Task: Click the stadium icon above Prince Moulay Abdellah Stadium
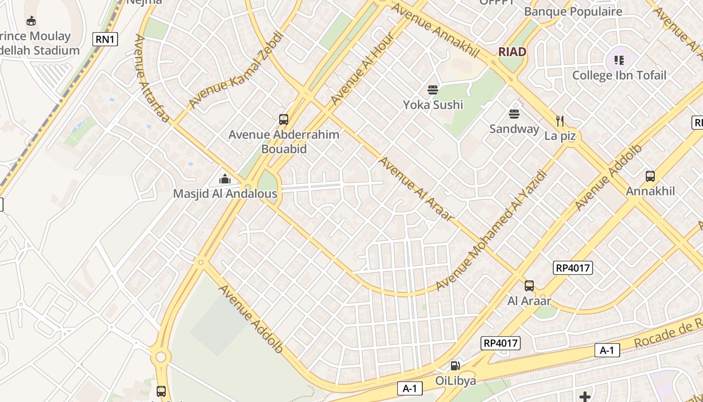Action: coord(31,21)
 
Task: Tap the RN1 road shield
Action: coord(105,39)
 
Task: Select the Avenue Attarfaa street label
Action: coord(151,78)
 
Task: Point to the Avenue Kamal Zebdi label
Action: coord(236,70)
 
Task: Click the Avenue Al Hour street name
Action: coord(363,72)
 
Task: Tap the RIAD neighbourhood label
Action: coord(512,52)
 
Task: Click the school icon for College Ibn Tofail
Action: coord(619,60)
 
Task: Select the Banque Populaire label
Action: coord(573,12)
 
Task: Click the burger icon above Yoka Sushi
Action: coord(433,90)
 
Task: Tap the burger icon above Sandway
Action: coord(514,114)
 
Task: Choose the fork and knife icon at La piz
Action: coord(560,121)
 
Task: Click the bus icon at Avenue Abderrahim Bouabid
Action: coord(284,120)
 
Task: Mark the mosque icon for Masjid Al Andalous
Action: coord(224,179)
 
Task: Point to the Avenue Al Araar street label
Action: coord(416,189)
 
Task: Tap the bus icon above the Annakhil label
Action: coord(650,176)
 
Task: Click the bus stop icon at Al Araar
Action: coord(529,286)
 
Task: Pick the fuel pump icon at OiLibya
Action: coord(455,366)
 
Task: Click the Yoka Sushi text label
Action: coord(433,105)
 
